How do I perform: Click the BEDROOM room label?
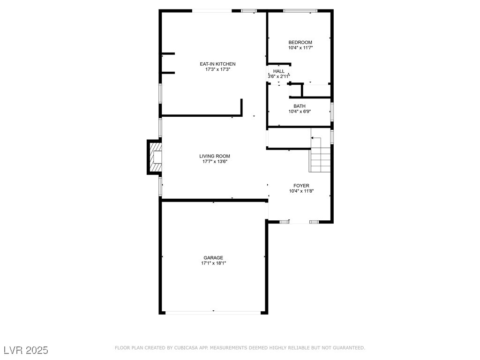(x=300, y=42)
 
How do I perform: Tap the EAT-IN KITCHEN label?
(x=217, y=64)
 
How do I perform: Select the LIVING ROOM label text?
(x=215, y=156)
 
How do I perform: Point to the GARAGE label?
(x=213, y=258)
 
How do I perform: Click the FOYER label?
(x=301, y=186)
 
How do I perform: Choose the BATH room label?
(x=300, y=106)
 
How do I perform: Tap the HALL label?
(x=279, y=71)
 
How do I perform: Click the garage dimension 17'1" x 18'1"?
(x=213, y=263)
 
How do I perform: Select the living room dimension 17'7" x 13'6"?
(x=215, y=162)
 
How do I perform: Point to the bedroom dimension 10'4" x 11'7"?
(x=300, y=48)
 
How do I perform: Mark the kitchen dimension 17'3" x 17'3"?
(x=217, y=69)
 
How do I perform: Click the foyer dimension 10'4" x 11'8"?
(x=301, y=191)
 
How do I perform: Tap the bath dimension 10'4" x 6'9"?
(x=300, y=112)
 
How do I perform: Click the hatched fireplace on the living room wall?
(x=157, y=157)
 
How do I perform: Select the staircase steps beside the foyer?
(x=320, y=155)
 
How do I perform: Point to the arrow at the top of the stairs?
(x=316, y=138)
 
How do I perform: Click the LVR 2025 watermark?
(x=26, y=350)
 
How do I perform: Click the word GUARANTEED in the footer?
(x=349, y=348)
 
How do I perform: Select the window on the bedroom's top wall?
(x=300, y=11)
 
